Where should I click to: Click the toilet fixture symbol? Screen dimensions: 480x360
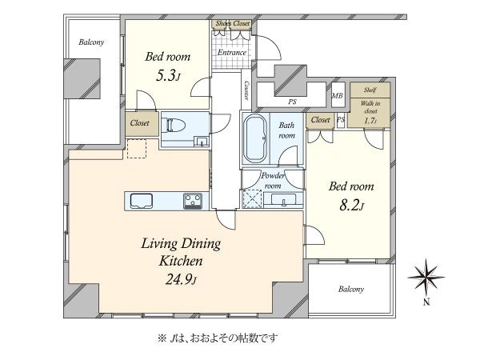point(176,126)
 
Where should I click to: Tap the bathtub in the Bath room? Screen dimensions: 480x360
point(256,138)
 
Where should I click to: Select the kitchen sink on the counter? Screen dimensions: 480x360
point(142,201)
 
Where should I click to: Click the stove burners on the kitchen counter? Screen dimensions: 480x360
point(193,201)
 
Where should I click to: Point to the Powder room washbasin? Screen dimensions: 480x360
point(283,200)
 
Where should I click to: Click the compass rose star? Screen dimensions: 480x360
point(426,278)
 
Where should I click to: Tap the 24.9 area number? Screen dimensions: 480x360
point(182,279)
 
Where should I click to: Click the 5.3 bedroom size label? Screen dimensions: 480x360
point(167,76)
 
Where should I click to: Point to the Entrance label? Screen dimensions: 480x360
point(232,53)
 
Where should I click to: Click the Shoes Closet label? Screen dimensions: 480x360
point(233,23)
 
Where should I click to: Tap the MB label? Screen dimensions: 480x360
point(338,95)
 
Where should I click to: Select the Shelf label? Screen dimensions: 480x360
point(370,90)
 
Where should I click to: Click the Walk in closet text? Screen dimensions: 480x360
point(370,107)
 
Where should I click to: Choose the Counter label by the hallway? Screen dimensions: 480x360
point(246,90)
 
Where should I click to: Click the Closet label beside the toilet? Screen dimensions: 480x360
point(139,123)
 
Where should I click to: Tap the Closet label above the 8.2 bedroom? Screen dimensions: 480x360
point(321,120)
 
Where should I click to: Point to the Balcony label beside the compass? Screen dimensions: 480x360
point(351,290)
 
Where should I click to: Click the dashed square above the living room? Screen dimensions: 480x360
point(136,149)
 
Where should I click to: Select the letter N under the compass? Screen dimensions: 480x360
point(426,302)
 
